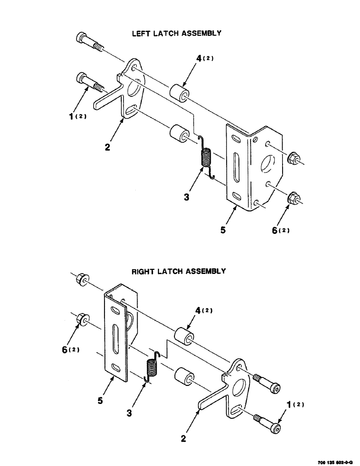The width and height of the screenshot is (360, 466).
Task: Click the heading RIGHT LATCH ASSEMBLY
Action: point(178,271)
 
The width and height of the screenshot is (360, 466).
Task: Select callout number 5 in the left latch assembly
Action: point(223,230)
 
